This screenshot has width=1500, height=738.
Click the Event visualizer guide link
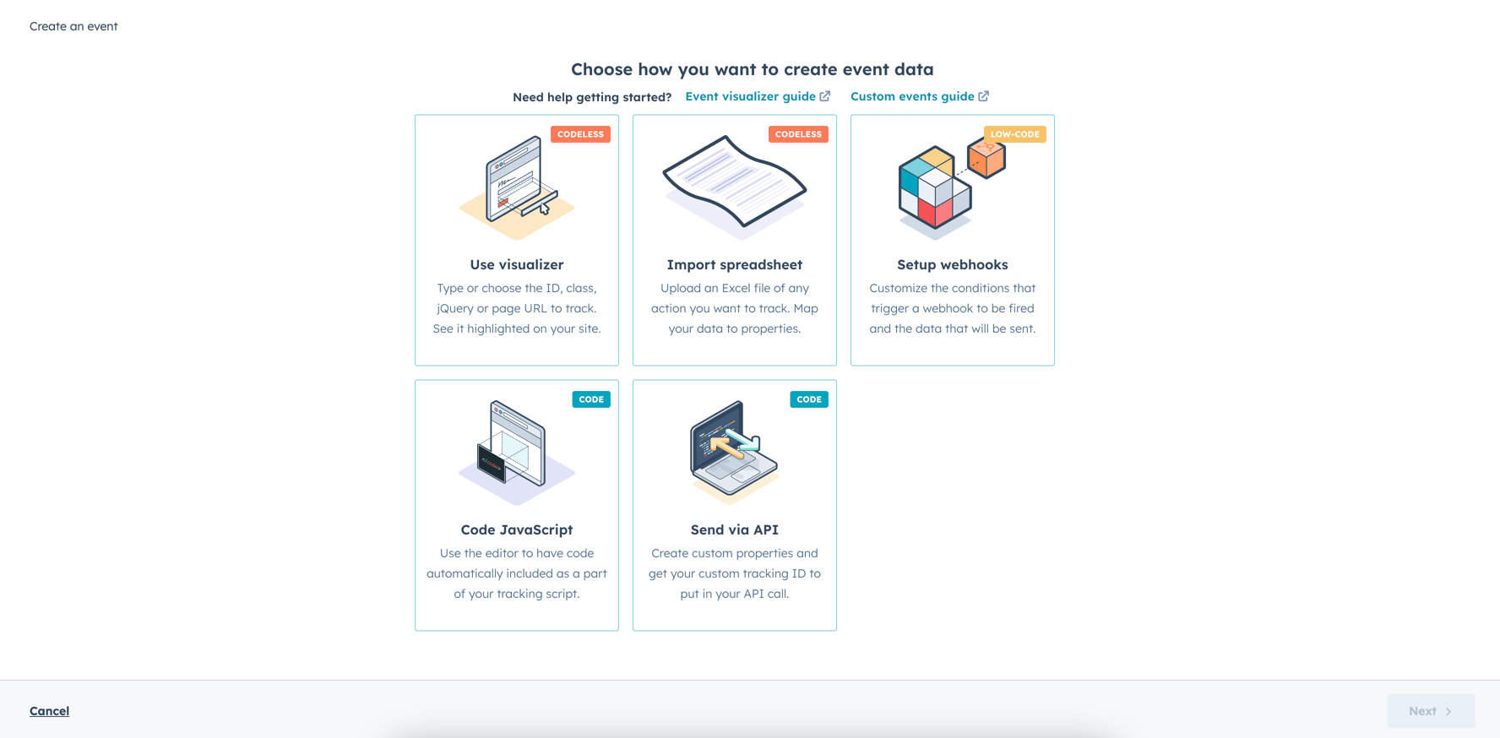[x=750, y=96]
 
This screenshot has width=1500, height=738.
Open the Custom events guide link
[x=912, y=96]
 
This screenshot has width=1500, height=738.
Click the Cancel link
[x=49, y=711]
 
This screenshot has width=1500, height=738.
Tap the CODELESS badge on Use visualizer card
[x=580, y=134]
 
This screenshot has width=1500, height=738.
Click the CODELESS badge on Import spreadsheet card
[x=798, y=134]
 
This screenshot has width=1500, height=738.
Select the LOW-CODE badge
[x=1014, y=134]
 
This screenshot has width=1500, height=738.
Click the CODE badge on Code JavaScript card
[x=591, y=399]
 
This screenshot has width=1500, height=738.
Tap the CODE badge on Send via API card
[x=809, y=399]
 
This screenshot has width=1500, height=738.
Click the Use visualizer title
[x=516, y=264]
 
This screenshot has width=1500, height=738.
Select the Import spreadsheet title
[x=734, y=264]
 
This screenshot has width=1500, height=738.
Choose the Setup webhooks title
[x=952, y=264]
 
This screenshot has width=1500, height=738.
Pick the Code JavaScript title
[x=516, y=529]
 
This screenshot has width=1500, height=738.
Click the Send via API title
[x=734, y=529]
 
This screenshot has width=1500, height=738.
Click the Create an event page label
[x=73, y=26]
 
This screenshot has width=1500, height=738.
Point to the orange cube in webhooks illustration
[x=986, y=158]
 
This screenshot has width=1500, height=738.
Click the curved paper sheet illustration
[x=734, y=182]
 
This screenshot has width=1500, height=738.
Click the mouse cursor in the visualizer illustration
[x=545, y=209]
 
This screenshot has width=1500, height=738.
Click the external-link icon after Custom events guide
[x=984, y=96]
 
